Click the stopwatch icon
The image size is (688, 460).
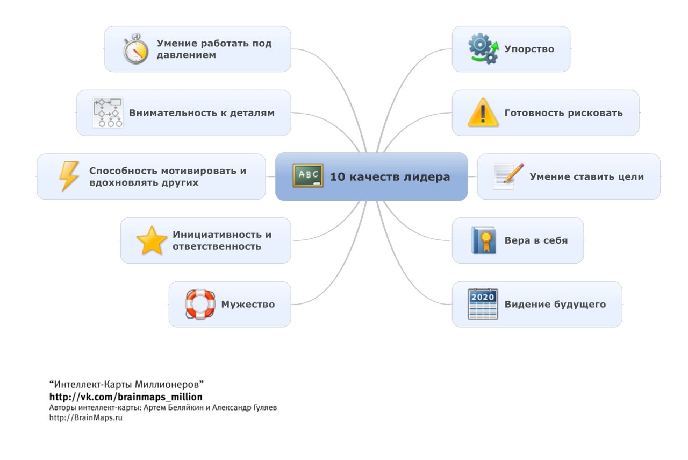pyautogui.click(x=135, y=49)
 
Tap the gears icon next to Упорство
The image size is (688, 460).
pyautogui.click(x=483, y=49)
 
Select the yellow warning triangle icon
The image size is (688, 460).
pyautogui.click(x=483, y=113)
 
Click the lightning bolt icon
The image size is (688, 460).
pyautogui.click(x=69, y=176)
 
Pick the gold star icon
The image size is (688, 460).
pyautogui.click(x=152, y=240)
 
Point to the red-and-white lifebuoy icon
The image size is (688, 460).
pyautogui.click(x=200, y=304)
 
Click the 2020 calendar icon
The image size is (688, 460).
pyautogui.click(x=483, y=304)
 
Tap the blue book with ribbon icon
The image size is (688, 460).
pyautogui.click(x=483, y=240)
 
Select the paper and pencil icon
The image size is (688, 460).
pyautogui.click(x=508, y=176)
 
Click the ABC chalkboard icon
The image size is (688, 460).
pyautogui.click(x=308, y=176)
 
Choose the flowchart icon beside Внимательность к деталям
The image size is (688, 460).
pyautogui.click(x=107, y=113)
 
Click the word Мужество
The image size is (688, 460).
pyautogui.click(x=248, y=305)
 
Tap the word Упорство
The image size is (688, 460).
pyautogui.click(x=529, y=49)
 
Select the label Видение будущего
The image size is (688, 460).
pyautogui.click(x=555, y=305)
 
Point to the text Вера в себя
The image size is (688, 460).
pyautogui.click(x=535, y=240)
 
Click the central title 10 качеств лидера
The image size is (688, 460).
pyautogui.click(x=390, y=176)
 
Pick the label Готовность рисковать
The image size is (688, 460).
pyautogui.click(x=563, y=113)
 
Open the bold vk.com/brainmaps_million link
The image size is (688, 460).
pyautogui.click(x=126, y=397)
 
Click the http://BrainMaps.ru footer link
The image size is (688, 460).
pyautogui.click(x=86, y=418)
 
